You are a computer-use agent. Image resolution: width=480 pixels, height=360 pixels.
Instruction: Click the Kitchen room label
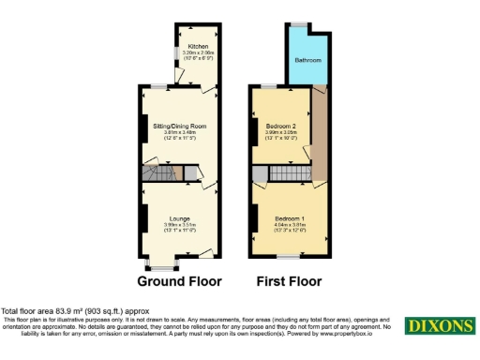197,46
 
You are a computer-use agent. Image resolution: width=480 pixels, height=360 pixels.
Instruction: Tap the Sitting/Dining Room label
179,126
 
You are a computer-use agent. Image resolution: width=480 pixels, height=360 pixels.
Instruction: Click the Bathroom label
307,60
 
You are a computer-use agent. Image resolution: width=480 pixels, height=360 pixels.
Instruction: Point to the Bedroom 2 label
280,126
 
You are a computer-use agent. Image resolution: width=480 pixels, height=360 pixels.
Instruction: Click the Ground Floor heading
179,281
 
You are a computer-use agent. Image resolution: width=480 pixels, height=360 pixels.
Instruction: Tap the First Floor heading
289,281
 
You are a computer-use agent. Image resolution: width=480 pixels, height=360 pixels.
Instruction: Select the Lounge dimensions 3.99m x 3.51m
179,225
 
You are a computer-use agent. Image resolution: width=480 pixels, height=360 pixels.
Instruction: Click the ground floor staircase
158,173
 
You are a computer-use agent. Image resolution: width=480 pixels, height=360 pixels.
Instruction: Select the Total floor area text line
74,311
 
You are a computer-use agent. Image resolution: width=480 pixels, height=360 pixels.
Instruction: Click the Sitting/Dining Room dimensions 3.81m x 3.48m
179,132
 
